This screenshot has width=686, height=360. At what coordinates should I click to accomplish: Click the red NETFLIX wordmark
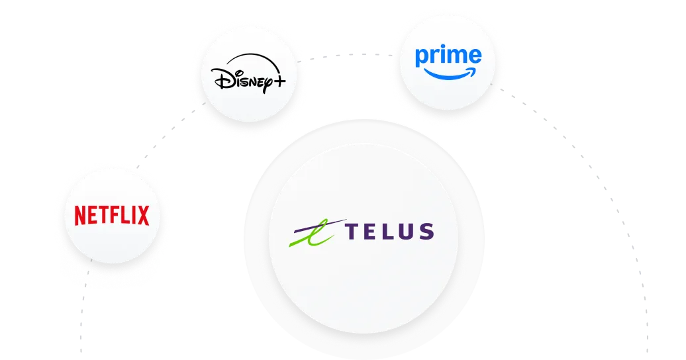[111, 215]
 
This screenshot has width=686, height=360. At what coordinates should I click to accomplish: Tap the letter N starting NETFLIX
[81, 215]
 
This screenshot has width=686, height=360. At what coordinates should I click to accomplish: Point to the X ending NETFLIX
[142, 215]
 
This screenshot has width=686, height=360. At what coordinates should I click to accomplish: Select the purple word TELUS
[390, 231]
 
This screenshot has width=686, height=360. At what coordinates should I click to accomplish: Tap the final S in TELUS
[426, 231]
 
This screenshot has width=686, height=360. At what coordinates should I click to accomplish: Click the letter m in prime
[455, 57]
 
